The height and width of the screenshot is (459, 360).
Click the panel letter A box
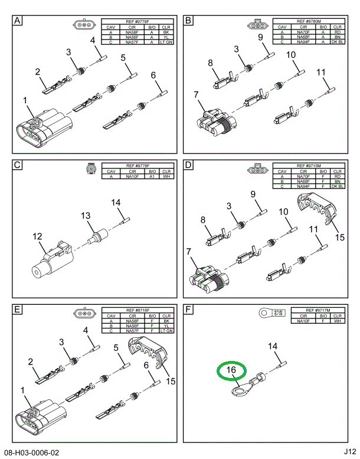[18, 21]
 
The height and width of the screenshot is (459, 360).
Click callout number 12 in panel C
[38, 237]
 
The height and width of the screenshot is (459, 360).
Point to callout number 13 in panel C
[86, 215]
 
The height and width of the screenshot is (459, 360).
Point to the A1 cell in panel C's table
[152, 175]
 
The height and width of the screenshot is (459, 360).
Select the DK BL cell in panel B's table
[338, 43]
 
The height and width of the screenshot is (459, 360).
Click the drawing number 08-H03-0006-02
[32, 453]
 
